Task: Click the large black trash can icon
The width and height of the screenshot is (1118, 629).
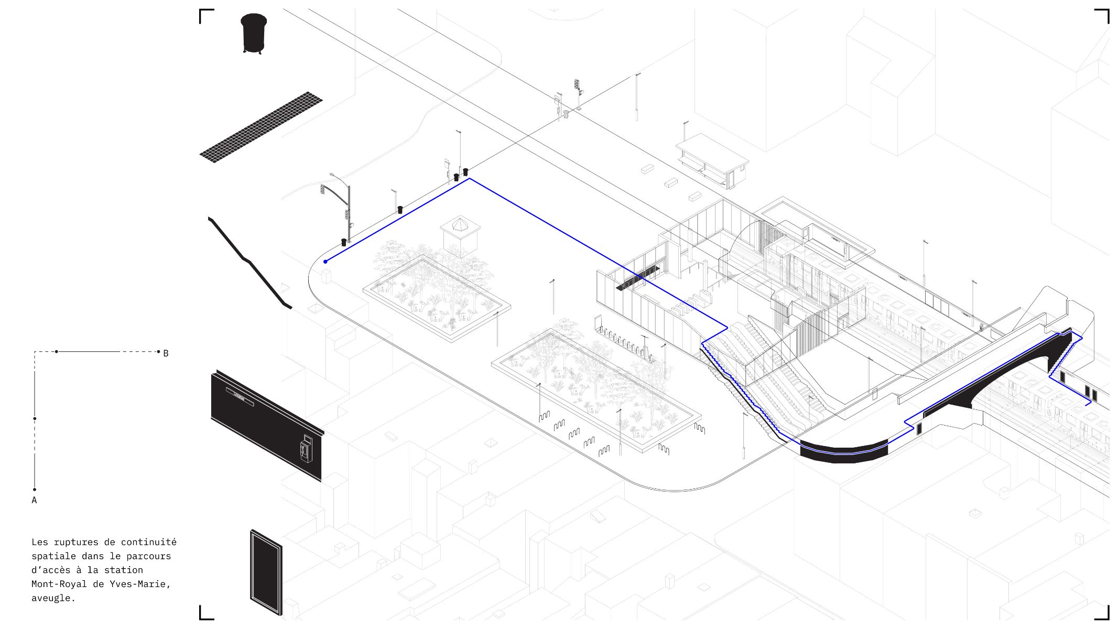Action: tap(254, 33)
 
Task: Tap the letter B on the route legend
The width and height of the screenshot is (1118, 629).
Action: tap(166, 354)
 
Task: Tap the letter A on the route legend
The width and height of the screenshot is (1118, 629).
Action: tap(34, 501)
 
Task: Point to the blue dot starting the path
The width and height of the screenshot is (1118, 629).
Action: tap(325, 262)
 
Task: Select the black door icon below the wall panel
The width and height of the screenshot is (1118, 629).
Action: tap(266, 572)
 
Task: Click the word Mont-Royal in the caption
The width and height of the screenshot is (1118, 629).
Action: tap(59, 584)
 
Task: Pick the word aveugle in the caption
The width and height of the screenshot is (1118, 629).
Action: tap(53, 598)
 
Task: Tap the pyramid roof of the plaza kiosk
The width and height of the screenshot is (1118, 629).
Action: tap(460, 224)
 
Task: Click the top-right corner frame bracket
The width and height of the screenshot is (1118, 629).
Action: tap(1102, 16)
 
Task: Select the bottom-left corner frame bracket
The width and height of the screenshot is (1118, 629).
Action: tap(207, 613)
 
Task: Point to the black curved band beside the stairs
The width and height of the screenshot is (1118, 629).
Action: tap(844, 452)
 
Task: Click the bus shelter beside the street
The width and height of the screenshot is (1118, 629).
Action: tap(712, 160)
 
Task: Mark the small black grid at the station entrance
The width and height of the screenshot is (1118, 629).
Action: tap(638, 278)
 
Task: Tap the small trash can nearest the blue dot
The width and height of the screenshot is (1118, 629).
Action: tap(344, 242)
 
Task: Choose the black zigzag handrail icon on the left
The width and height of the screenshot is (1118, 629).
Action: tap(249, 263)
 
